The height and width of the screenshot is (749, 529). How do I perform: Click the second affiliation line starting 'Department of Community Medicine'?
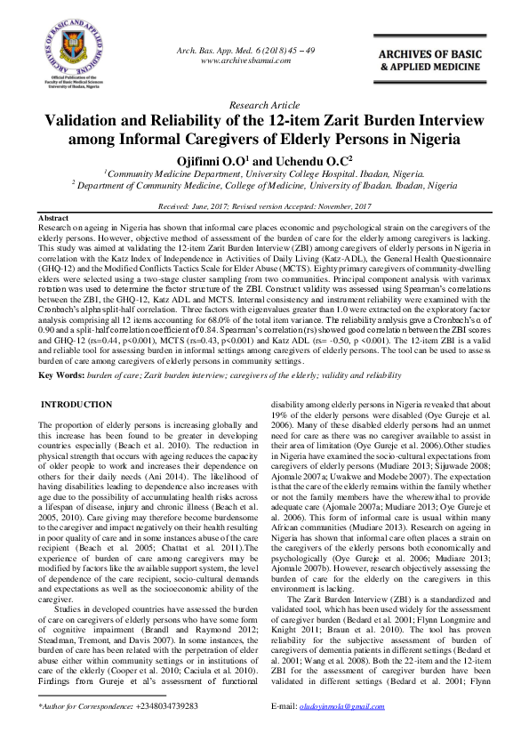(x=264, y=186)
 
